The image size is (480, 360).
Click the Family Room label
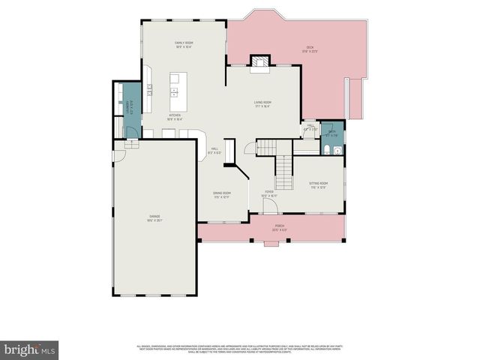(184, 45)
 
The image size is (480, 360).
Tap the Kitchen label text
(174, 117)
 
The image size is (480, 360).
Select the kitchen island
(175, 85)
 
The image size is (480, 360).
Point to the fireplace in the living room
(259, 63)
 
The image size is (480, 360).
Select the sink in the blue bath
(338, 150)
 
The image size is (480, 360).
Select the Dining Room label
(222, 194)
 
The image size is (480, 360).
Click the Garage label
(154, 218)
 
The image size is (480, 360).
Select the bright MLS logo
(29, 349)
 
